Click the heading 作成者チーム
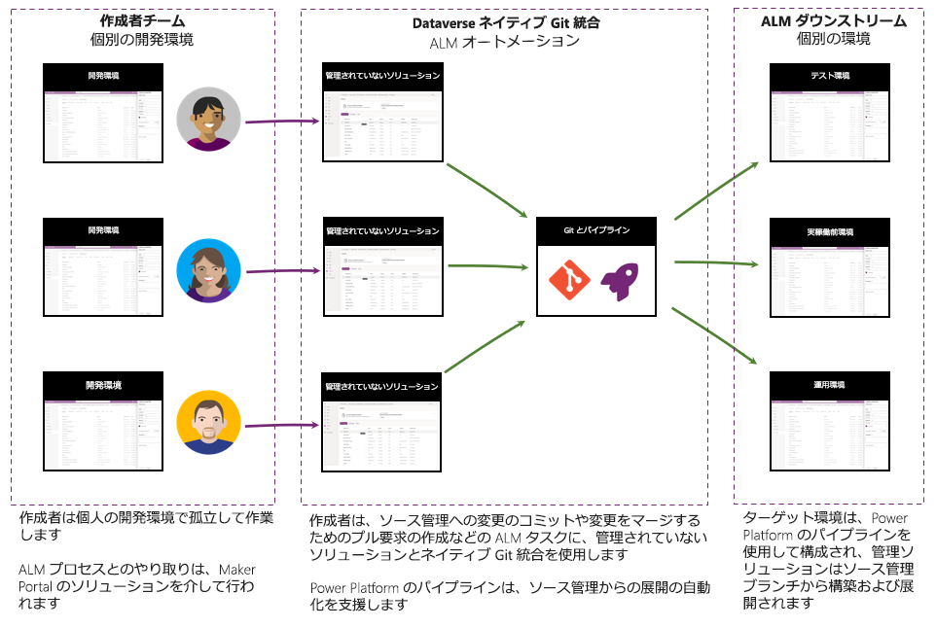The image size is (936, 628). pyautogui.click(x=143, y=20)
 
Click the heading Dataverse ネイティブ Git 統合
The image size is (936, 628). pyautogui.click(x=504, y=20)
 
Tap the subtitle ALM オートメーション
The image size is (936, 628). pyautogui.click(x=504, y=42)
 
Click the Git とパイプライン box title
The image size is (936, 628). pyautogui.click(x=597, y=230)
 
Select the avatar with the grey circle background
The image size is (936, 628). pyautogui.click(x=208, y=119)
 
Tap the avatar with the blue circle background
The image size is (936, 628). pyautogui.click(x=208, y=270)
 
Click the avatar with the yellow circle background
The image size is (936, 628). pyautogui.click(x=208, y=422)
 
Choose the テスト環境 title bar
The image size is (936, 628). pyautogui.click(x=830, y=77)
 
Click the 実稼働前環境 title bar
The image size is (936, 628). pyautogui.click(x=830, y=232)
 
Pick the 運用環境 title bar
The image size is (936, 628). pyautogui.click(x=830, y=386)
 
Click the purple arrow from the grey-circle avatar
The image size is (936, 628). pyautogui.click(x=282, y=122)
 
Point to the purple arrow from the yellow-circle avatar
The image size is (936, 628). pyautogui.click(x=282, y=425)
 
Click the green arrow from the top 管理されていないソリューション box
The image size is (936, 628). pyautogui.click(x=486, y=189)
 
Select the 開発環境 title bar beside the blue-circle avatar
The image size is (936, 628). pyautogui.click(x=103, y=231)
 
